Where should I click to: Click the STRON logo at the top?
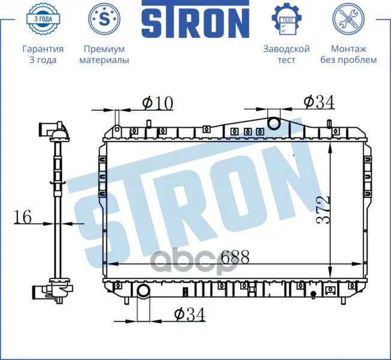tap(196, 19)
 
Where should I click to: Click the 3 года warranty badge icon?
tap(43, 19)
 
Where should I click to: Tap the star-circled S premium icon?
tap(105, 19)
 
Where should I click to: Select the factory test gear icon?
tap(286, 18)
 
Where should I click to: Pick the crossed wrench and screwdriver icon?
tap(348, 19)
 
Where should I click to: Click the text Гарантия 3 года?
tap(43, 54)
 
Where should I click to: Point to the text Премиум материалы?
tap(105, 54)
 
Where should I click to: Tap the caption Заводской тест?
tap(286, 54)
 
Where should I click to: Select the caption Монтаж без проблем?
tap(348, 54)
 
